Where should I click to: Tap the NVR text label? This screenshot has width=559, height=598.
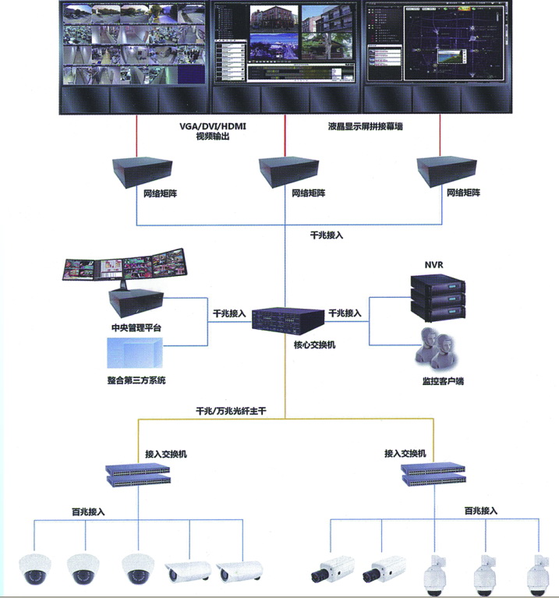[433, 264]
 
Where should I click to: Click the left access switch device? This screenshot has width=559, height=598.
[138, 472]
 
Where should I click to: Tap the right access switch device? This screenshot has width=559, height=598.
[433, 472]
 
